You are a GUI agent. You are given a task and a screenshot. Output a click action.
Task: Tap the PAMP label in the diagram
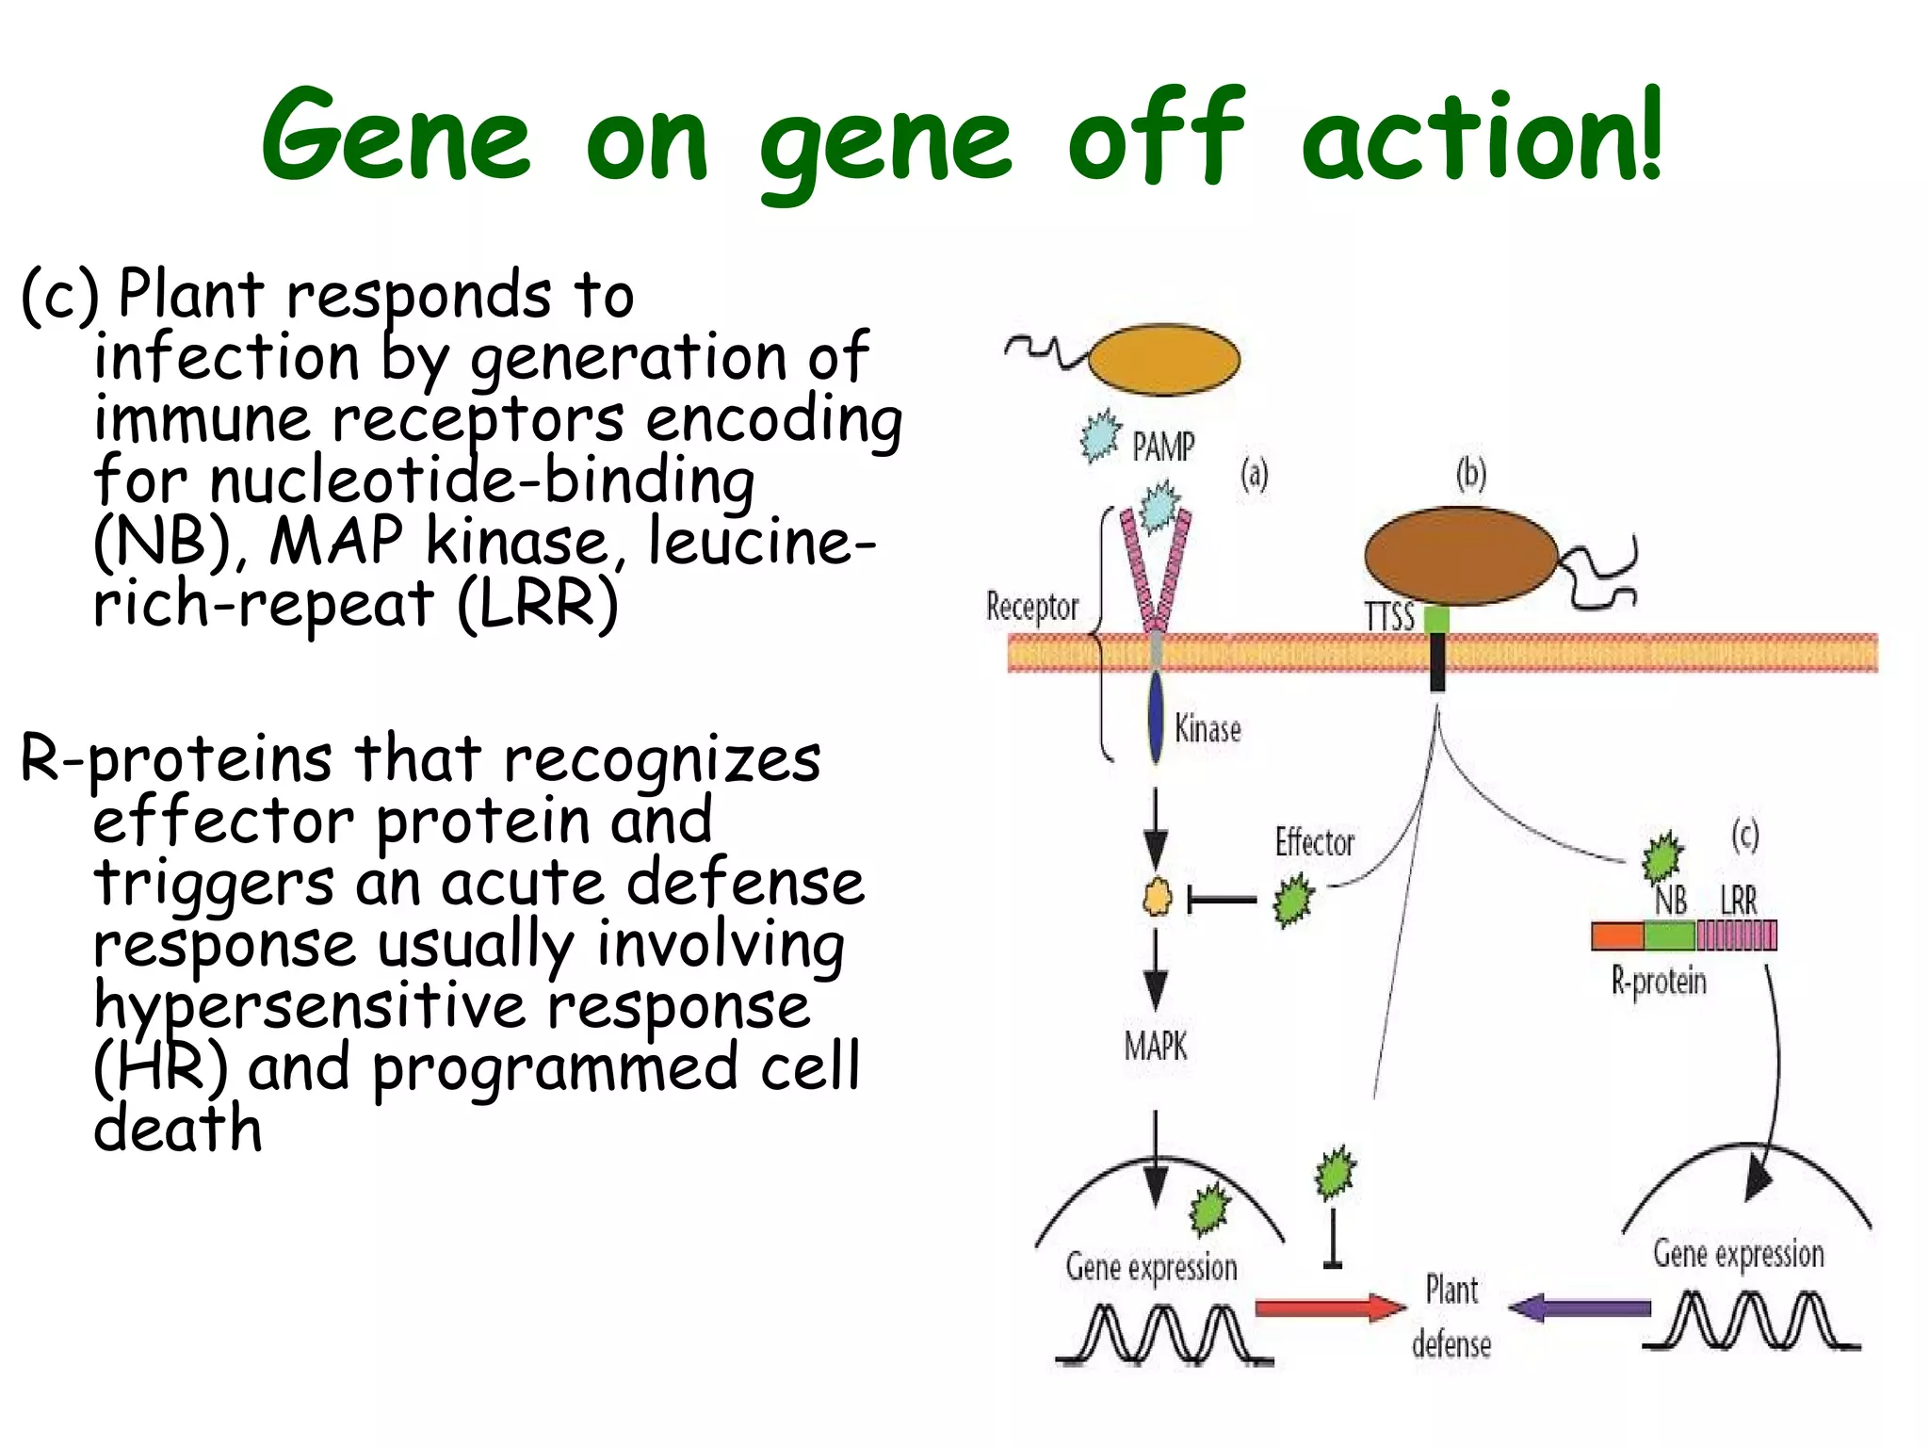tap(1162, 447)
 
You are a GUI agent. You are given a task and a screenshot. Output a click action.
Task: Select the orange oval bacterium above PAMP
tap(1164, 359)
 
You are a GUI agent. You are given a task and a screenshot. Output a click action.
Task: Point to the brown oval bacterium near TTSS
tap(1459, 556)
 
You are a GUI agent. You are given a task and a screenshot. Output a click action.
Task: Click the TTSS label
tap(1389, 618)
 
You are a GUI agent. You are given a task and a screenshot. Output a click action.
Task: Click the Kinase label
tap(1208, 729)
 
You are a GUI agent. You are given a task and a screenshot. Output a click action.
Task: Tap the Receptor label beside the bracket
tap(1031, 607)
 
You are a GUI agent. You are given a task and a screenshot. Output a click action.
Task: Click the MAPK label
tap(1155, 1046)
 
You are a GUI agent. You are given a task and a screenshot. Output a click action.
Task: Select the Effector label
tap(1314, 842)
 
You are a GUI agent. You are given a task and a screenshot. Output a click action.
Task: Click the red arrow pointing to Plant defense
tap(1329, 1308)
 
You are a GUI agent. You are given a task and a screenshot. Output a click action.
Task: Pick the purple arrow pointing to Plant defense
tap(1580, 1308)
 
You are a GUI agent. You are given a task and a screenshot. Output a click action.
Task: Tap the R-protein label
tap(1658, 982)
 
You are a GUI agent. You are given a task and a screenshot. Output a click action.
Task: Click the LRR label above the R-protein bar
tap(1738, 900)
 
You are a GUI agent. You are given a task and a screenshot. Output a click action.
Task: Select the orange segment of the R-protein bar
tap(1617, 935)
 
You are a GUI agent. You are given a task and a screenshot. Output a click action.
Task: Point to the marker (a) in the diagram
tap(1254, 474)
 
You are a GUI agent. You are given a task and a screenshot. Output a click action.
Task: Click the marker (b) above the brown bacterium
tap(1470, 474)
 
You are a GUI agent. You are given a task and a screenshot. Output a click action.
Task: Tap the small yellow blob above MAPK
tap(1157, 898)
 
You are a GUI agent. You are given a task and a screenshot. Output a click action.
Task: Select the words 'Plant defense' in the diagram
tap(1451, 1315)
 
